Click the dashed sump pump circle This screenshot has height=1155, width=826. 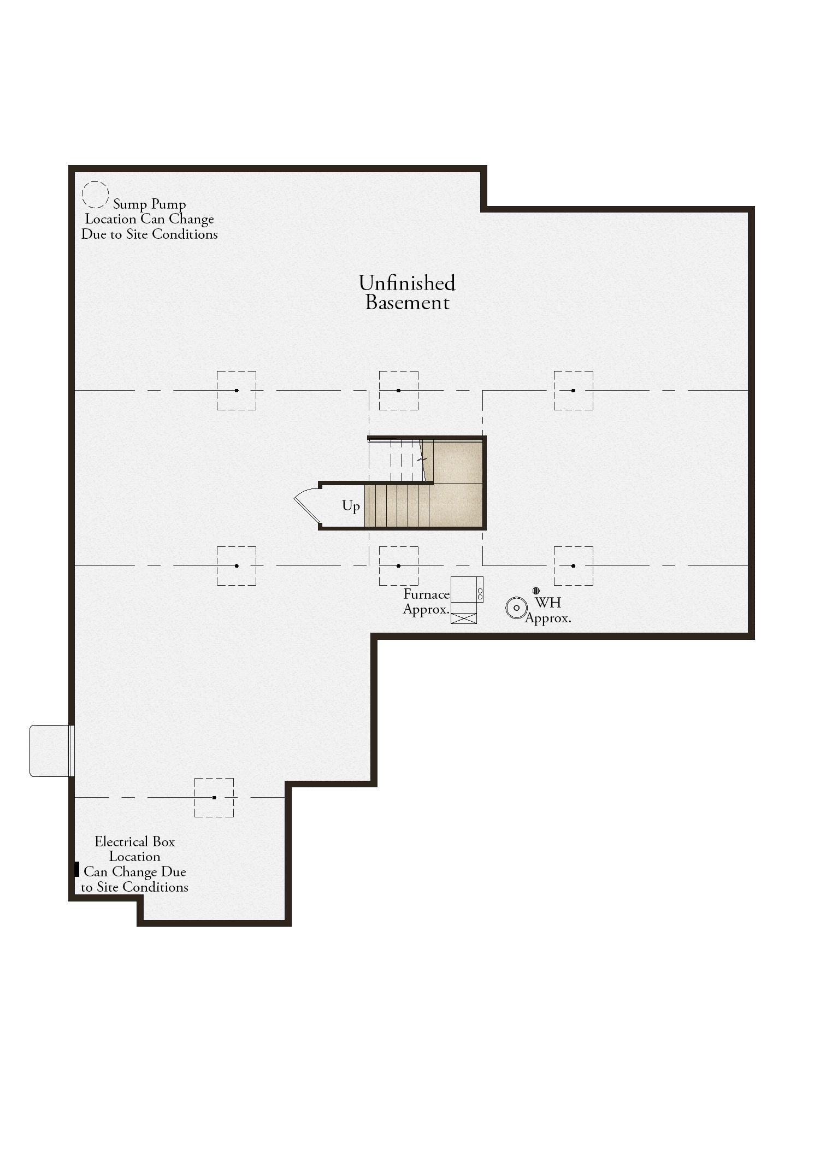tap(82, 195)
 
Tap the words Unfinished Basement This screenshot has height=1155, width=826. tap(407, 293)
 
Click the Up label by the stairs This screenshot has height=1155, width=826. tap(351, 506)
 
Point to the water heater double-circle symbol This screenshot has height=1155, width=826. tap(516, 608)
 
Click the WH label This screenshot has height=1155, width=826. tap(548, 603)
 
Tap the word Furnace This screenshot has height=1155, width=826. tap(427, 594)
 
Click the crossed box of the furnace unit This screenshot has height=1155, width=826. tap(464, 618)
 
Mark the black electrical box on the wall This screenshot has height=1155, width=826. tap(76, 869)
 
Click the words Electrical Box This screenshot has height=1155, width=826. tap(135, 841)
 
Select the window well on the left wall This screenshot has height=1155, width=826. tap(51, 751)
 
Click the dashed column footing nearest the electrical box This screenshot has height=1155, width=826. tap(214, 798)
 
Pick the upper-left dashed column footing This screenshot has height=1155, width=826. tap(237, 391)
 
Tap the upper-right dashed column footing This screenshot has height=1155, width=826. tap(574, 391)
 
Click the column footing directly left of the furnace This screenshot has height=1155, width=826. tap(399, 566)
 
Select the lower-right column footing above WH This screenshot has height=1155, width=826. tap(574, 566)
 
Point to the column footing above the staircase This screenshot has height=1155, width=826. tap(399, 391)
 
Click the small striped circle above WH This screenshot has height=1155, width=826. tap(536, 591)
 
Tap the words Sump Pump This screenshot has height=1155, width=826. tap(150, 204)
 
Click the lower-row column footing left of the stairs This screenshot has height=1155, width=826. tap(237, 566)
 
